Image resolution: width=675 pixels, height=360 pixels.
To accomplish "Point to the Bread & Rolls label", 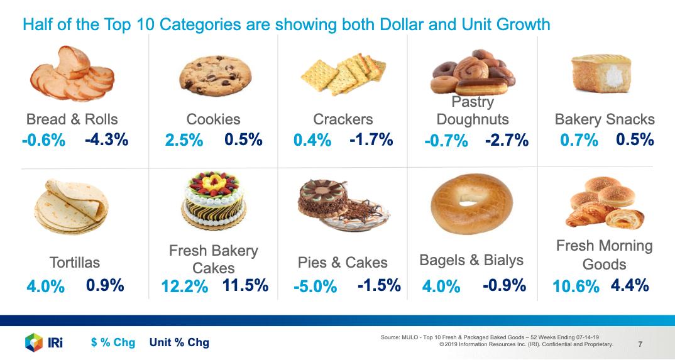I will point(72,119).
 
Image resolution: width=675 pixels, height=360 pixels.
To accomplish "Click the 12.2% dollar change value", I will point(184,287).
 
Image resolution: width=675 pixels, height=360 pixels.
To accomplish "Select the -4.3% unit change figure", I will point(106,139).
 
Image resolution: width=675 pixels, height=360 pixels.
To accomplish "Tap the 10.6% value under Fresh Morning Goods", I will point(576,286).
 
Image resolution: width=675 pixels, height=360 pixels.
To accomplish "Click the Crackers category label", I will point(343,119).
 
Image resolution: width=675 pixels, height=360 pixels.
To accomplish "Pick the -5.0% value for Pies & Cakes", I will point(315,287).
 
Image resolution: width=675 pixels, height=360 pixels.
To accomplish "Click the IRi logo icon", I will point(33,342).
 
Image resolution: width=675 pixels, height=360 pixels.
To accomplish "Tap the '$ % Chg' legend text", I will point(112,342).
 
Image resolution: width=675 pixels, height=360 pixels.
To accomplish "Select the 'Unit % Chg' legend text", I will point(179,342).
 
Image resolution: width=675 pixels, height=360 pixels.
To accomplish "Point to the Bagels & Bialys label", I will point(471,260).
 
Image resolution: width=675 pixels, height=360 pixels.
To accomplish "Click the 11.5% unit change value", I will point(245,286).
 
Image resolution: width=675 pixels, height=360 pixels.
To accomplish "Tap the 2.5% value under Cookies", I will point(184,141).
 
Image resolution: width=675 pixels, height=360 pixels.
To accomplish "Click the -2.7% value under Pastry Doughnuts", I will point(507,141).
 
